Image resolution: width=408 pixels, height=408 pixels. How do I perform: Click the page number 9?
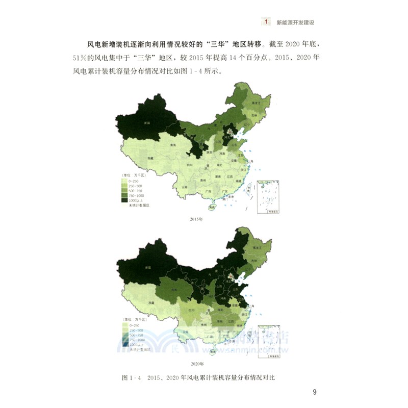click(x=315, y=392)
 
